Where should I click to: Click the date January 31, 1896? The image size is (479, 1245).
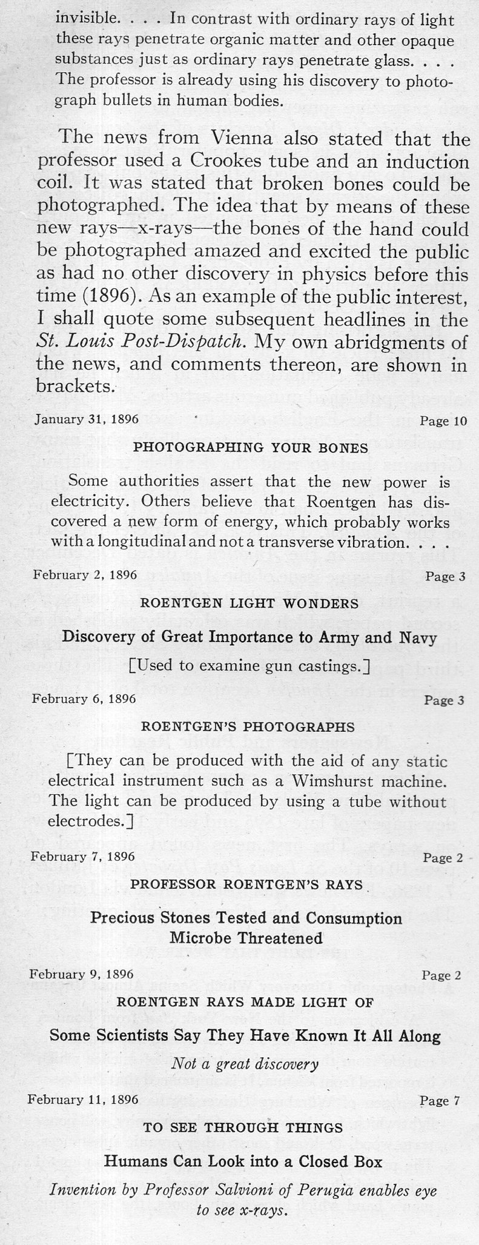[87, 420]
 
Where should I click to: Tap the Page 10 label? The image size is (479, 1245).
[443, 421]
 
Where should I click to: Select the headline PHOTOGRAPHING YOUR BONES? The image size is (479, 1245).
[250, 448]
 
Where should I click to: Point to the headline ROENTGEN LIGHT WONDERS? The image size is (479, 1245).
[249, 603]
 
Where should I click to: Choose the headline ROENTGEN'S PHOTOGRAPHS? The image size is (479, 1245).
[248, 726]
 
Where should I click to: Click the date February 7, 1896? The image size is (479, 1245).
[83, 857]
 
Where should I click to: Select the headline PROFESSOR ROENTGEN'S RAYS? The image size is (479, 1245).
[246, 884]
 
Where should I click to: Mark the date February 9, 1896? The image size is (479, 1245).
[81, 974]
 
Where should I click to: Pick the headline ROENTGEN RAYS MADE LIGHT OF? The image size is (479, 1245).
[245, 1002]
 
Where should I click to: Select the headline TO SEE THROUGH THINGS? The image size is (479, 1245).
[243, 1127]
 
